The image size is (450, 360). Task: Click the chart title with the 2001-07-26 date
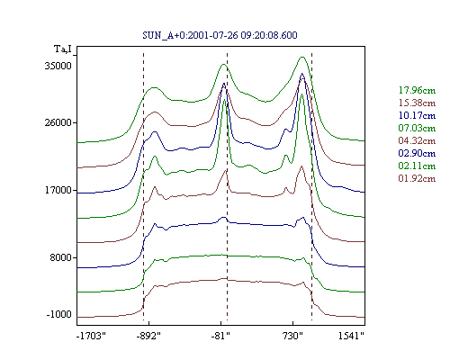pos(220,35)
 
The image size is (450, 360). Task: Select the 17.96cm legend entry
pos(417,90)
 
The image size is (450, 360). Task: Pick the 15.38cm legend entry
pos(417,103)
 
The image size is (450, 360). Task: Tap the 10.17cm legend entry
pos(417,115)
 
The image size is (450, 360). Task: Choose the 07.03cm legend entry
pos(417,128)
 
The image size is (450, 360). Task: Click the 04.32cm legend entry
pos(417,140)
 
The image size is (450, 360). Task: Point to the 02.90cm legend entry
pos(417,153)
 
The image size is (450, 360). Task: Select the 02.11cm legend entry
pos(417,166)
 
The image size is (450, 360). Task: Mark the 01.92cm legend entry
pos(417,178)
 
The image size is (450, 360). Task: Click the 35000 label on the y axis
pos(58,66)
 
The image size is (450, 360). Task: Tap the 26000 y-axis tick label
pos(58,122)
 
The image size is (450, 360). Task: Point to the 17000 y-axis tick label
pos(58,190)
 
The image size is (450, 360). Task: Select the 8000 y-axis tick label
pos(61,257)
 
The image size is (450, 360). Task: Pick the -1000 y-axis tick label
pos(59,314)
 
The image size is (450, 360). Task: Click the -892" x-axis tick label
pos(148,336)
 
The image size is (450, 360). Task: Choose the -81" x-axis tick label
pos(220,336)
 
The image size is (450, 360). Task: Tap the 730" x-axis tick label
pos(292,336)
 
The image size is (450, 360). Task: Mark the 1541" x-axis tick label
pos(351,336)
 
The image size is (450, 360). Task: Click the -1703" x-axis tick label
pos(91,336)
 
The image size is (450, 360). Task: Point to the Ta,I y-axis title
pos(63,49)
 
